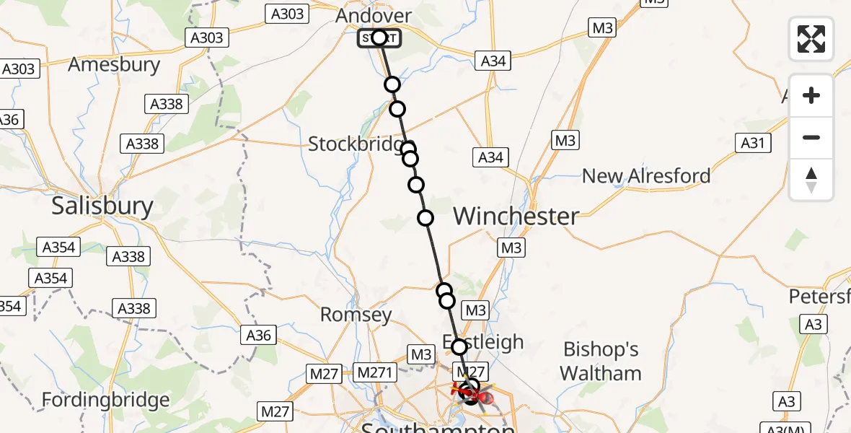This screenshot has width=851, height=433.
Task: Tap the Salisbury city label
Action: pos(102,207)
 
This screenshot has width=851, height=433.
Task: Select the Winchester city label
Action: pos(516,216)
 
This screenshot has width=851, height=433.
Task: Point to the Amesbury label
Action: pos(114,65)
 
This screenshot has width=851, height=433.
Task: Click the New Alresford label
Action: pos(645,175)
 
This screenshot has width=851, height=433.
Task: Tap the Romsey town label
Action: pos(356,315)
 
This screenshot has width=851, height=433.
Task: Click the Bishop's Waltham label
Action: pos(601,362)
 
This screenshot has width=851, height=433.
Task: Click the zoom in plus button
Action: pos(811,95)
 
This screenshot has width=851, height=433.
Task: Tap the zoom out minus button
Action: pos(811,137)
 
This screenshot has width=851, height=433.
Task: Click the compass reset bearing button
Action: pos(811,179)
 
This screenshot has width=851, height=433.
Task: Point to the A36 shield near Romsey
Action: pos(259,336)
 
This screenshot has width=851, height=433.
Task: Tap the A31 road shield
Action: pos(752,143)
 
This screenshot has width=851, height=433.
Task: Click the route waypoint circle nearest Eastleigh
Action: pos(459,347)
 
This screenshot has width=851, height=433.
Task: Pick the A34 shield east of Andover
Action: pos(493,61)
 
